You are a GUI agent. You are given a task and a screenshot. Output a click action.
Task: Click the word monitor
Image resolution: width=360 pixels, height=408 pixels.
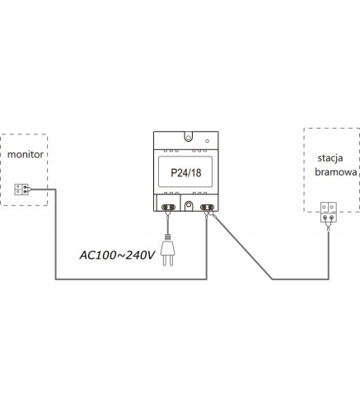click(x=26, y=154)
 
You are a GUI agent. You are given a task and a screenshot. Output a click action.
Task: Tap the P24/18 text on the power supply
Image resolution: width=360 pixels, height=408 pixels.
click(x=186, y=173)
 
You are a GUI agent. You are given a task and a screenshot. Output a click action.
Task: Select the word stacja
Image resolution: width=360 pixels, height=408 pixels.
click(x=330, y=158)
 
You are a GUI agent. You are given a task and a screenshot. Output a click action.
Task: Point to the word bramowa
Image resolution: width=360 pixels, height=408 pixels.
click(x=336, y=172)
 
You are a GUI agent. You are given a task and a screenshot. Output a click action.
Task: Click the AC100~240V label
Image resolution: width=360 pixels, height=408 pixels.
click(x=117, y=256)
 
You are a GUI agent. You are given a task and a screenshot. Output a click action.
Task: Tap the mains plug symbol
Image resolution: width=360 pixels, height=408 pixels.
click(x=168, y=251)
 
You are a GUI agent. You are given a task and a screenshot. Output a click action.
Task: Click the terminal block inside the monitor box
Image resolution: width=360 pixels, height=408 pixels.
click(x=21, y=190)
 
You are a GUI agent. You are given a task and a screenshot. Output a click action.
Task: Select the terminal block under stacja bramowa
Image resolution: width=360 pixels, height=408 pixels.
click(x=329, y=212)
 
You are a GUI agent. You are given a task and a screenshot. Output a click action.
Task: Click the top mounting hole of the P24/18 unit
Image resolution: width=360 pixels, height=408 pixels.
click(x=189, y=138)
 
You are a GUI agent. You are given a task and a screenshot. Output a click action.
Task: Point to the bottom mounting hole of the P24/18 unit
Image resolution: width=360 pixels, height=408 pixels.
click(x=189, y=205)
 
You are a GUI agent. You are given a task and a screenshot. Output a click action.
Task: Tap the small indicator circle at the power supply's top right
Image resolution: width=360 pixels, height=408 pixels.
click(x=207, y=141)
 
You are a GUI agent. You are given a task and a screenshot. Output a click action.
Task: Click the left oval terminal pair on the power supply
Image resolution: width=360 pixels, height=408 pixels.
click(x=168, y=207)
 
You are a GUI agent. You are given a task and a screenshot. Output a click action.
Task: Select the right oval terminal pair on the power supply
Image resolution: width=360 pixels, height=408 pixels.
click(x=207, y=207)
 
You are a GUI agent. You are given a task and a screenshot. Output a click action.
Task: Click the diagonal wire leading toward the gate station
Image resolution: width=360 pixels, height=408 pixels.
click(x=243, y=248)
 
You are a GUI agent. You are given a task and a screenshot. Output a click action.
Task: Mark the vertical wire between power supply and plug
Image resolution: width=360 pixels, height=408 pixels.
click(x=167, y=225)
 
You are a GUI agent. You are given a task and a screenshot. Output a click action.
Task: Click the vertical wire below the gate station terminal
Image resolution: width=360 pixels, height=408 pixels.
click(x=329, y=256)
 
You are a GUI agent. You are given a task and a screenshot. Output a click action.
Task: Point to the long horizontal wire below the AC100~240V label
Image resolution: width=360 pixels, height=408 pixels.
click(x=131, y=279)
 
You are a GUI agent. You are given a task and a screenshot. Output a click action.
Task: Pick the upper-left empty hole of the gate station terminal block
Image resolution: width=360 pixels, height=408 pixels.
click(x=325, y=207)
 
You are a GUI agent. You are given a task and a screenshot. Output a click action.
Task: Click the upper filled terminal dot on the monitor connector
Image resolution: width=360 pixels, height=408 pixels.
click(x=25, y=187)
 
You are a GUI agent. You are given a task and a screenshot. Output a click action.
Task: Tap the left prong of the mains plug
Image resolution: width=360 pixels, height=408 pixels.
click(x=164, y=260)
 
